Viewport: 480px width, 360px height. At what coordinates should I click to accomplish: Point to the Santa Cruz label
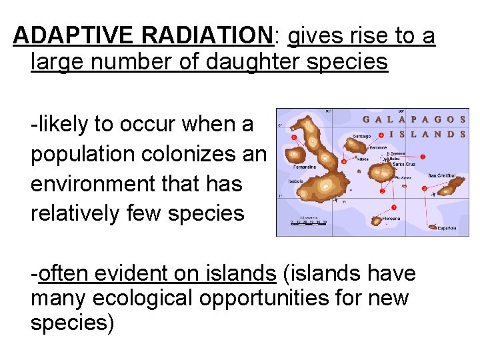403,163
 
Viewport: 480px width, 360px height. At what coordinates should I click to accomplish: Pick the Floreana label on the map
391,218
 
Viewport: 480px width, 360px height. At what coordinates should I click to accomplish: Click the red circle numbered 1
423,157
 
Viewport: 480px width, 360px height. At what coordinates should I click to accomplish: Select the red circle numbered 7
394,207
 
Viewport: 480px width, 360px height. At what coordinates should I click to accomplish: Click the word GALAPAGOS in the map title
413,119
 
